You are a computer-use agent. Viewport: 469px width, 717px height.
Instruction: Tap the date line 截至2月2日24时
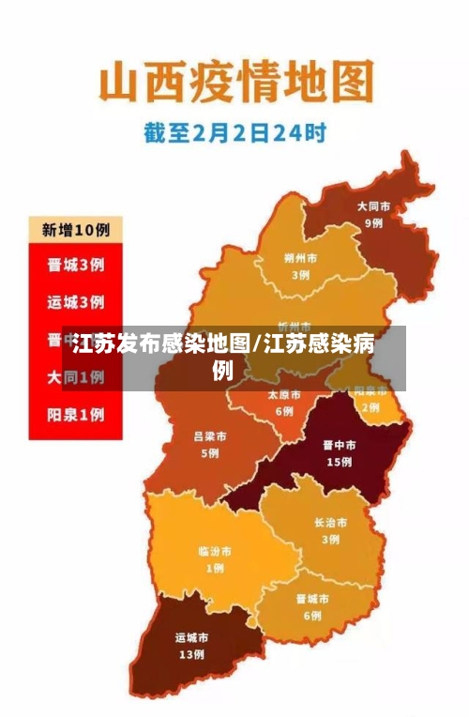[234, 133]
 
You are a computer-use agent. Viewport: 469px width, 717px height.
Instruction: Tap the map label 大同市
[373, 206]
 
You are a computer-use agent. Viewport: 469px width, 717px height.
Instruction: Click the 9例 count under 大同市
[373, 223]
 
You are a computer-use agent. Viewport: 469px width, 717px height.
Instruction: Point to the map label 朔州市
[300, 258]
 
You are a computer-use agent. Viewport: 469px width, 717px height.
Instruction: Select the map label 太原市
[284, 395]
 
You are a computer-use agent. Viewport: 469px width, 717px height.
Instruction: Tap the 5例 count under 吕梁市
[209, 453]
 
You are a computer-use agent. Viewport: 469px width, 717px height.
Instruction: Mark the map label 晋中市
[339, 445]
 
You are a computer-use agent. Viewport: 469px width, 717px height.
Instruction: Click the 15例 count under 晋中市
[339, 462]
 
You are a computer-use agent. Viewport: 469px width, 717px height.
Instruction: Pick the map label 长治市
[330, 523]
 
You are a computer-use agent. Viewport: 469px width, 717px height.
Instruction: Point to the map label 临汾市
[215, 551]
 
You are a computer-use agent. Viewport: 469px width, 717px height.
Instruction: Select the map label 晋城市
[312, 599]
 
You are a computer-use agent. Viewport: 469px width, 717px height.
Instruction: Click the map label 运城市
[191, 637]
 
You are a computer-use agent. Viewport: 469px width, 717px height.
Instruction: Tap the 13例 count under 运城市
[191, 654]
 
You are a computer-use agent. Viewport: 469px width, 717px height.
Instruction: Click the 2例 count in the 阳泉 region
[371, 407]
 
